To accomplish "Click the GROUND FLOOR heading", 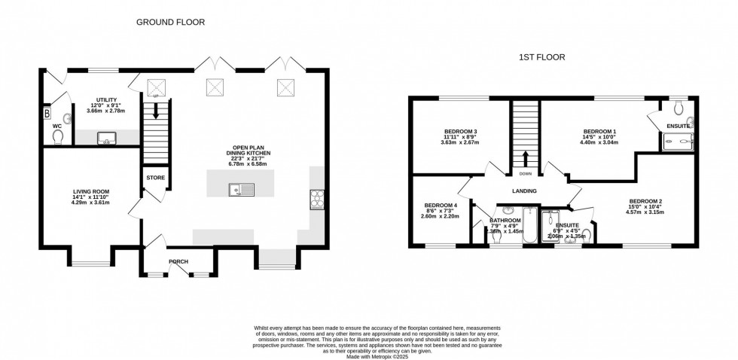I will [x=170, y=23].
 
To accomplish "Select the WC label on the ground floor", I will [x=56, y=126].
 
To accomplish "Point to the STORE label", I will [x=156, y=178].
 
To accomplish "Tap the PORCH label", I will [x=178, y=261].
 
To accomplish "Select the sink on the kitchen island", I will [x=243, y=188].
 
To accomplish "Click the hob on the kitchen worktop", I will [x=316, y=200].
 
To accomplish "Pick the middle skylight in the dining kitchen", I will [x=215, y=87].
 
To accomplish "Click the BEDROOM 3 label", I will [x=460, y=132].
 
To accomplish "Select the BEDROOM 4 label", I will [x=441, y=206].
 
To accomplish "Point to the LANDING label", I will [x=525, y=191].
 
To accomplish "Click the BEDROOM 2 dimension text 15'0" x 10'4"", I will [x=647, y=207].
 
